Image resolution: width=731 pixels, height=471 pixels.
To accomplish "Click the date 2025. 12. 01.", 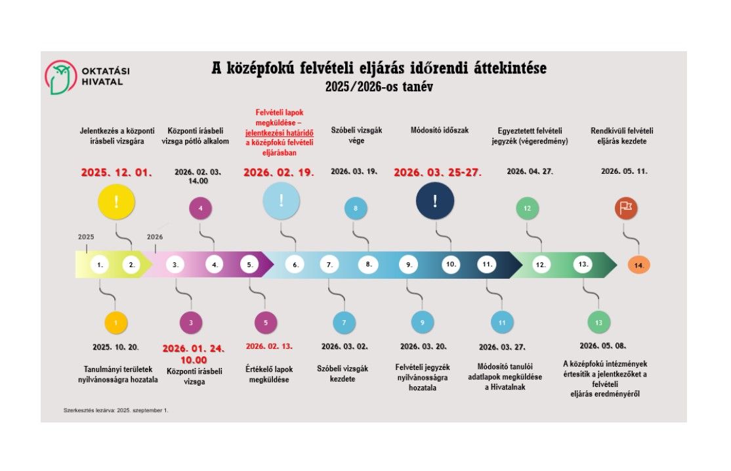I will click(x=116, y=173).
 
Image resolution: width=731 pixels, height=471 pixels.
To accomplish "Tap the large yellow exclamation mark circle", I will click(x=115, y=201).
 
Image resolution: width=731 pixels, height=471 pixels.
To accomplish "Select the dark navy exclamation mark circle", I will click(x=434, y=201).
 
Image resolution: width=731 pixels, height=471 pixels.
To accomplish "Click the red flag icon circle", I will click(x=625, y=208).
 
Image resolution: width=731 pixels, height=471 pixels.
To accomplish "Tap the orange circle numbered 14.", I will click(x=638, y=265).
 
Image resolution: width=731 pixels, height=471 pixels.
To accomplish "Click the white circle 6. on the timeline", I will click(x=295, y=265).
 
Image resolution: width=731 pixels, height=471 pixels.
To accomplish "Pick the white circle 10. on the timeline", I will click(x=451, y=265).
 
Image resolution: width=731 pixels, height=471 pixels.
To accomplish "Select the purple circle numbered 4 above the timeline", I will click(x=200, y=209).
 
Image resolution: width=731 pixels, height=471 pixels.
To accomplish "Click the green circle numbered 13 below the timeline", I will click(x=598, y=323).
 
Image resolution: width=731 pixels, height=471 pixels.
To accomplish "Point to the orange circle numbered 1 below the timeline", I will click(x=115, y=323).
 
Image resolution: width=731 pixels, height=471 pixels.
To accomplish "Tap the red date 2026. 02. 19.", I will click(x=279, y=173).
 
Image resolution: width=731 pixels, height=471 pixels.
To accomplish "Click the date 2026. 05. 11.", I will click(x=624, y=172).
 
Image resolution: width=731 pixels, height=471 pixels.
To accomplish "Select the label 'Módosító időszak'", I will click(x=439, y=131).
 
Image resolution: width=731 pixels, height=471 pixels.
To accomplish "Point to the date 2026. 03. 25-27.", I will click(x=438, y=173).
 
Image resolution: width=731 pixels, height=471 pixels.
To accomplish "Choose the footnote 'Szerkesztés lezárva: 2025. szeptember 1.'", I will click(x=116, y=410).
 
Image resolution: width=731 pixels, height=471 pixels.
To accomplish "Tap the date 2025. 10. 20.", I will click(x=116, y=346).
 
